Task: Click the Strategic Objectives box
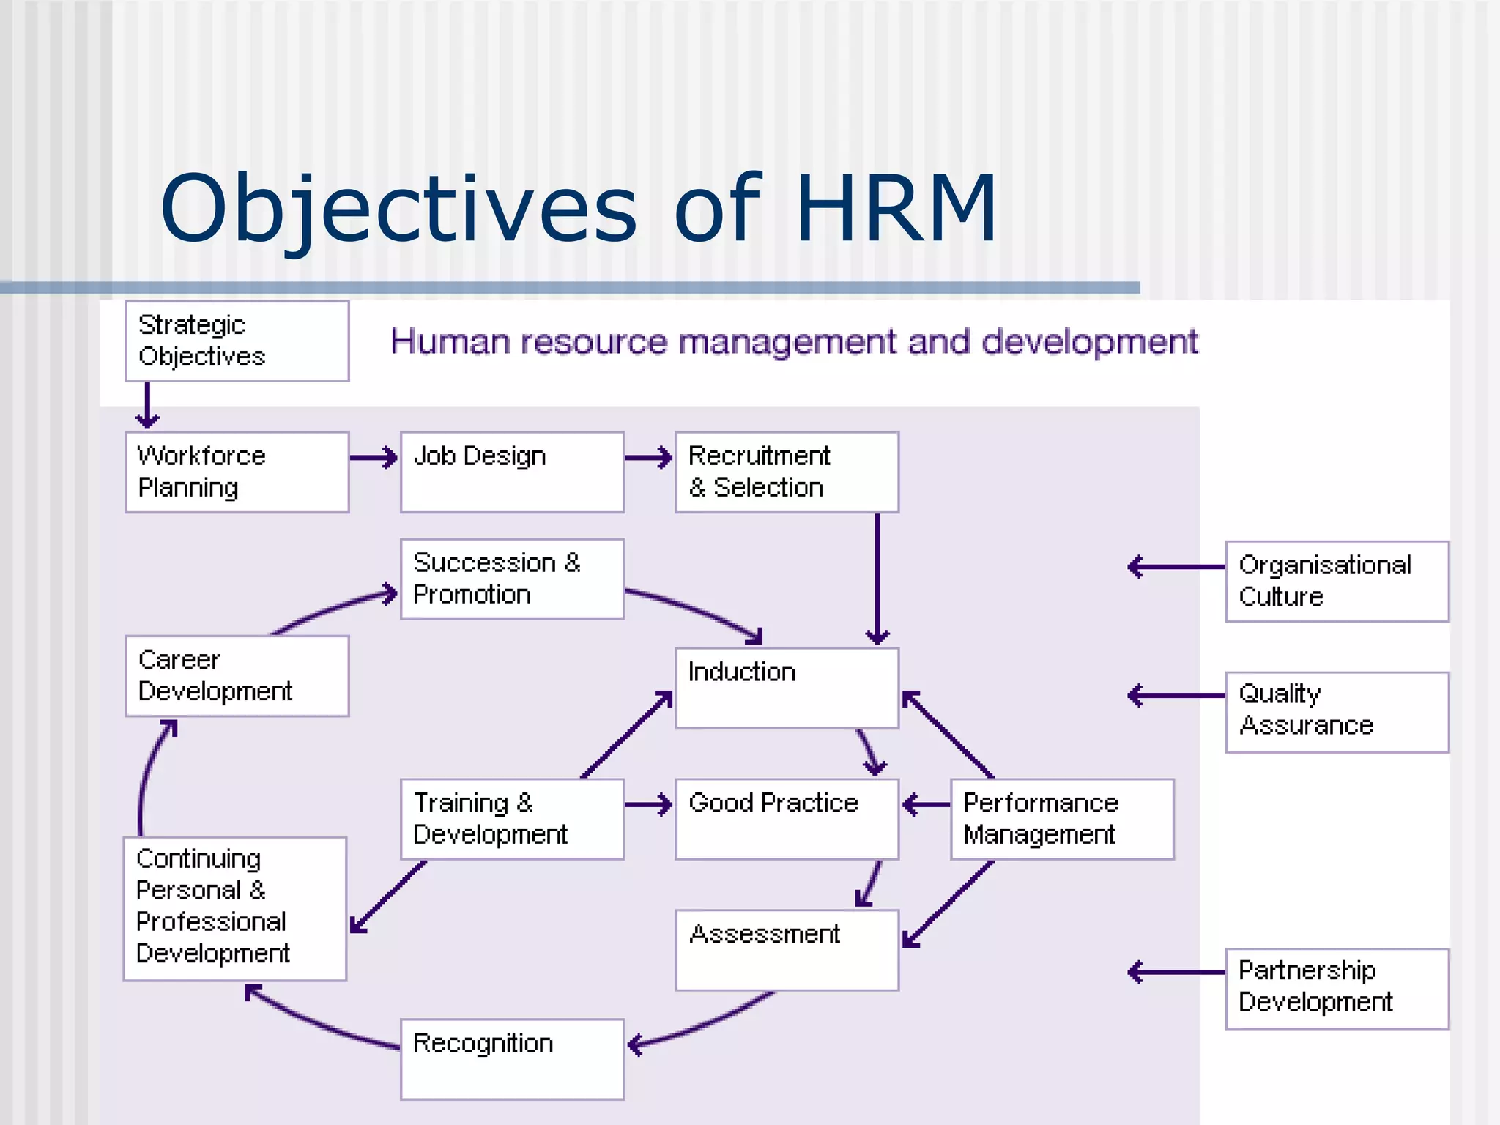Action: tap(237, 341)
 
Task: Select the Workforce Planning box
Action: tap(237, 472)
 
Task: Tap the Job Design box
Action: tap(512, 472)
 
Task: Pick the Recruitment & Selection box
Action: tap(787, 472)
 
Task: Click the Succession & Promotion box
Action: tap(512, 579)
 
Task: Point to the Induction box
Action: tap(787, 688)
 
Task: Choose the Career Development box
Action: tap(237, 676)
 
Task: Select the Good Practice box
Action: tap(787, 819)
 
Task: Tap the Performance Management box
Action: tap(1062, 819)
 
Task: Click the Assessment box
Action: tap(787, 950)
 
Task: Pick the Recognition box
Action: tap(512, 1059)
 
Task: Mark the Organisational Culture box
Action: tap(1337, 582)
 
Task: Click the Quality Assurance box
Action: tap(1337, 712)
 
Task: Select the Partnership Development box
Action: tap(1337, 989)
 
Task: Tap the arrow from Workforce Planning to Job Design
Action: tap(374, 458)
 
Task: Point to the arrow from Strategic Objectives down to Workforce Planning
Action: tap(147, 406)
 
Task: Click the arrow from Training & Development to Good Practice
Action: tap(648, 805)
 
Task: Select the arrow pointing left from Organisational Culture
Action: tap(1176, 567)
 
